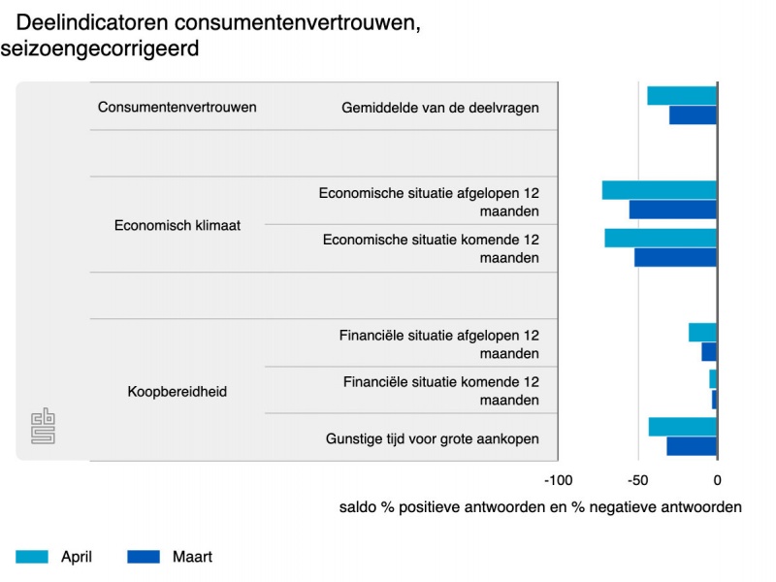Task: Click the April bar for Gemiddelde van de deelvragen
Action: tap(682, 95)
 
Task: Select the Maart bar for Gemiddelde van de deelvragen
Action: tap(693, 114)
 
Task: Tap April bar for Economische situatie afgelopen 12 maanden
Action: tap(660, 190)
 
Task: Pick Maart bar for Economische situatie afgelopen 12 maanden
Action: tap(673, 210)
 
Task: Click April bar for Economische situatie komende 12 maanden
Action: tap(661, 238)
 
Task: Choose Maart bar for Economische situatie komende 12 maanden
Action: tap(675, 257)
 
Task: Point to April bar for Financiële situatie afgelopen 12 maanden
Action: tap(702, 333)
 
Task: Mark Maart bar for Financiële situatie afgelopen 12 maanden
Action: tap(709, 351)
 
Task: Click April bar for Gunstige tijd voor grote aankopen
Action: tap(683, 427)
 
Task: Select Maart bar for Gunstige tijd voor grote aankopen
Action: tap(692, 446)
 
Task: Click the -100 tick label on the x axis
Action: tap(558, 480)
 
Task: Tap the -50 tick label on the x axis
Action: tap(637, 480)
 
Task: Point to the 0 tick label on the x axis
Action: tap(717, 480)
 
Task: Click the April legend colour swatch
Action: tap(32, 557)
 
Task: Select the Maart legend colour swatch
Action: tap(144, 557)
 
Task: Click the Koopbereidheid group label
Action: tap(178, 392)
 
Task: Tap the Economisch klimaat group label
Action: tap(178, 225)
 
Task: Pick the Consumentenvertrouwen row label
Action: tap(178, 107)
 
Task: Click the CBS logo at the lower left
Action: tap(44, 428)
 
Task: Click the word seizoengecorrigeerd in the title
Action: tap(100, 48)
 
